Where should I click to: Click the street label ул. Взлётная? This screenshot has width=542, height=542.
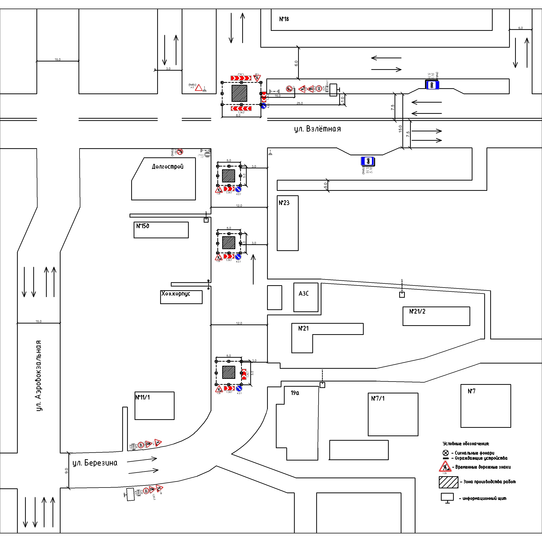click(x=317, y=129)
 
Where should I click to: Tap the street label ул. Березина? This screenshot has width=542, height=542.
click(x=95, y=463)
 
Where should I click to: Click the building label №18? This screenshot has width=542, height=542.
click(x=284, y=19)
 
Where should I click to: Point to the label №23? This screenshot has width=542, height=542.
click(x=284, y=203)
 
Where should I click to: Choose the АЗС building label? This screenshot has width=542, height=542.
click(x=304, y=293)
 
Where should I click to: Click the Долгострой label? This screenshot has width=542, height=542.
click(x=167, y=167)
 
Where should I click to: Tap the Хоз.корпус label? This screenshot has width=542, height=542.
click(x=176, y=294)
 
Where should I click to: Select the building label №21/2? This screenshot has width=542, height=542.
click(x=417, y=311)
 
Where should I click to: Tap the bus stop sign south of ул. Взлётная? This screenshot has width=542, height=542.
click(x=367, y=161)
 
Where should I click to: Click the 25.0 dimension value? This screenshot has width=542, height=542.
click(x=300, y=103)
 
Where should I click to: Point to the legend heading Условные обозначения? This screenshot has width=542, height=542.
click(x=466, y=444)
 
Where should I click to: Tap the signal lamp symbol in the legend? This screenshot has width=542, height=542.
click(x=446, y=453)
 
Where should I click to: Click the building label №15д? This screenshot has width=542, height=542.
click(x=143, y=226)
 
